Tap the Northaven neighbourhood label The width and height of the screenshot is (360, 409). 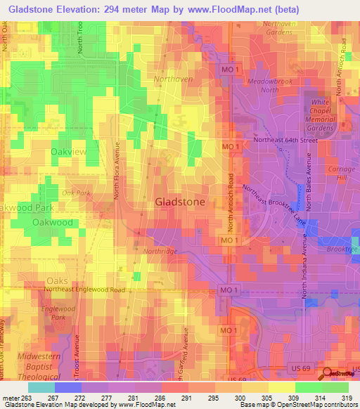(x=173, y=79)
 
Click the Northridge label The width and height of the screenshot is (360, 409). (x=161, y=251)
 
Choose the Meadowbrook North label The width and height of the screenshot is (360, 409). (x=269, y=85)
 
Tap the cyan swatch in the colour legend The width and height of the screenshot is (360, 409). (x=41, y=387)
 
